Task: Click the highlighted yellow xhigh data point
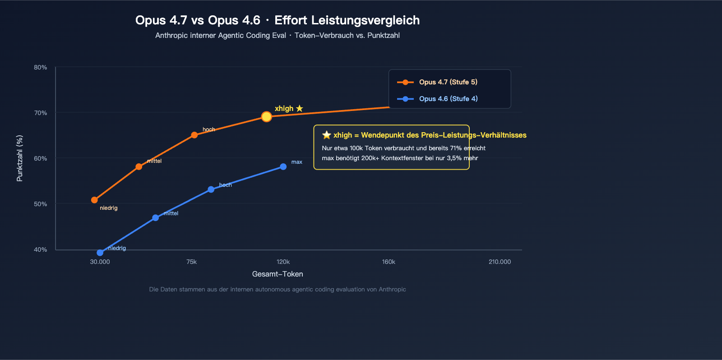click(x=267, y=117)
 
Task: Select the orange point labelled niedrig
click(x=94, y=200)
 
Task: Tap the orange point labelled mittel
click(x=139, y=167)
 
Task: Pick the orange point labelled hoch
click(x=194, y=135)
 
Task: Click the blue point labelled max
click(x=283, y=167)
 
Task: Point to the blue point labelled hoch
click(x=211, y=189)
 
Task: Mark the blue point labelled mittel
click(x=155, y=218)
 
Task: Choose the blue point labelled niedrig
click(x=100, y=253)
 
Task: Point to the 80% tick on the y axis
click(x=41, y=67)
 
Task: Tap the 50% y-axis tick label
click(x=41, y=204)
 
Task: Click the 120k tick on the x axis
click(x=283, y=262)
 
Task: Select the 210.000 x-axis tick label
click(x=500, y=262)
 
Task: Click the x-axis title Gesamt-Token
click(x=278, y=274)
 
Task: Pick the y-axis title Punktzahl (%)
click(x=19, y=158)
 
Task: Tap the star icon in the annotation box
click(x=327, y=135)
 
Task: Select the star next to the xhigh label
click(x=300, y=108)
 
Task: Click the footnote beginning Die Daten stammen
click(x=278, y=289)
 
